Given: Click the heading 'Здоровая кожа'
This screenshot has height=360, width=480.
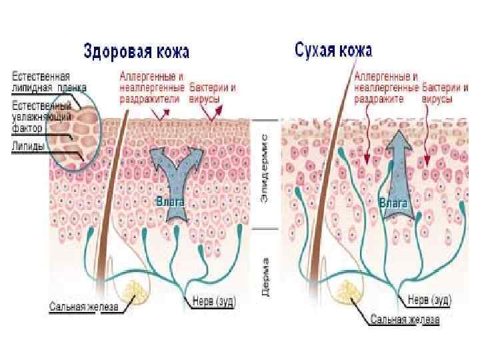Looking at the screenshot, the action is tap(136, 51).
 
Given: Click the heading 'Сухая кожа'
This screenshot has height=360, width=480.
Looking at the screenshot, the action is tap(333, 49).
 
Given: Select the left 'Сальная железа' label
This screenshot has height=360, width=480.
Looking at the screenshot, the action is tap(83, 307).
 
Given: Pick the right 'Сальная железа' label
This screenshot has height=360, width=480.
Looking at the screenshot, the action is tap(405, 320).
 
